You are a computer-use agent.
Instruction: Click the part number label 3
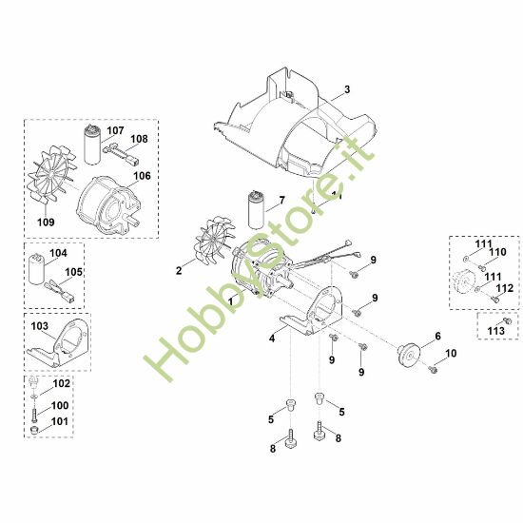click(347, 89)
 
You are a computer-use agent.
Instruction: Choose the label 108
click(139, 139)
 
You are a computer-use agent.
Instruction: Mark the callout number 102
click(61, 384)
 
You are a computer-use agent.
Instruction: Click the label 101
click(59, 421)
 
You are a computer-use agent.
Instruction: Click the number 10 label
click(451, 354)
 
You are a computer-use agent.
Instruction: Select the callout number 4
click(271, 337)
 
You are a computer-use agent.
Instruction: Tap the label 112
click(505, 288)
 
